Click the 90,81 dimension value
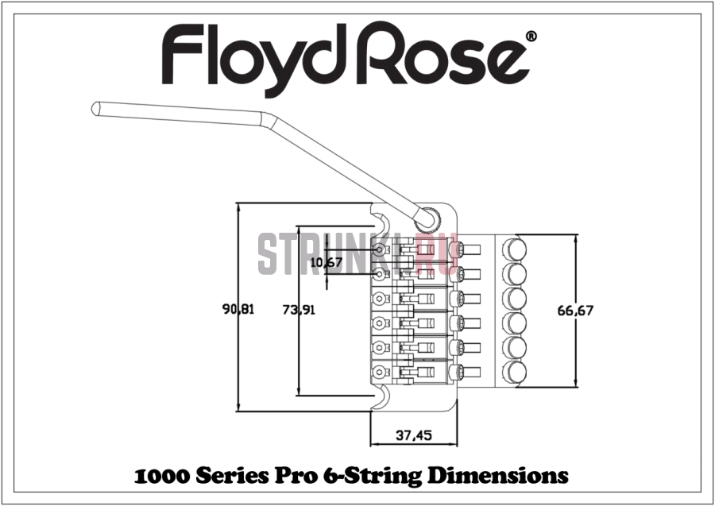click(x=238, y=311)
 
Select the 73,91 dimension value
click(x=299, y=311)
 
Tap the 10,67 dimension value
click(x=327, y=262)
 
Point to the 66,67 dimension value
click(x=575, y=311)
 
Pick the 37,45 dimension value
click(x=413, y=435)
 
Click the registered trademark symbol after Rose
click(x=531, y=37)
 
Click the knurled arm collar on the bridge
click(x=430, y=215)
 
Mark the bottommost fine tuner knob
click(x=515, y=371)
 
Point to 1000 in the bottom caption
click(x=161, y=477)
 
